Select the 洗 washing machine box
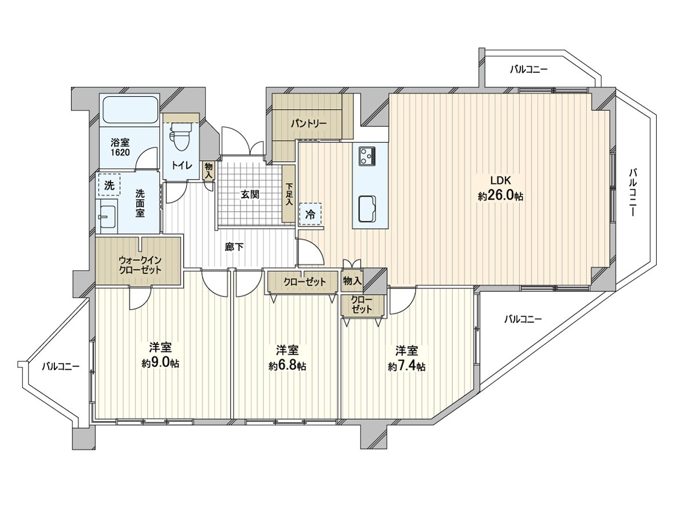(109, 185)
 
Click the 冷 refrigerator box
(310, 215)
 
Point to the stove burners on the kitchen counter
(367, 154)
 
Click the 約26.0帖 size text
(500, 196)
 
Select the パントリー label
(308, 123)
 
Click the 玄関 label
(250, 194)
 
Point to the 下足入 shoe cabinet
(289, 194)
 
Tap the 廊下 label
(234, 247)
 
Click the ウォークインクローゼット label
(140, 264)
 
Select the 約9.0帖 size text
(160, 363)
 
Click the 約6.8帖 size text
(287, 366)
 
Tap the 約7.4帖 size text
(406, 366)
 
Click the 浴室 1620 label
(120, 148)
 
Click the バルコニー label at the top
(529, 69)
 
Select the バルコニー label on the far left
(61, 367)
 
